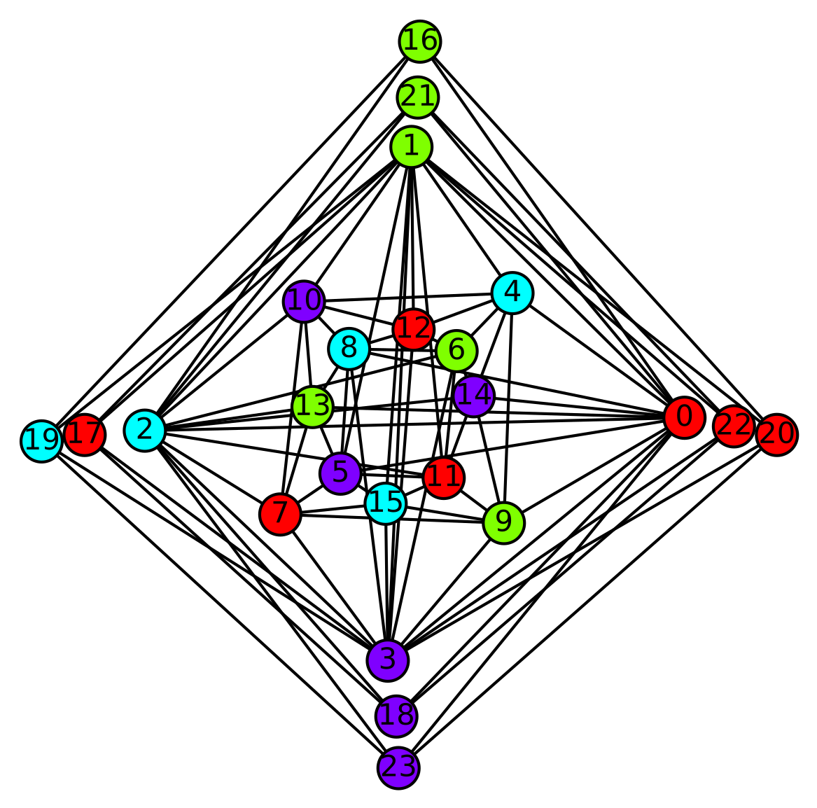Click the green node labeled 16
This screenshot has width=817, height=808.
(420, 41)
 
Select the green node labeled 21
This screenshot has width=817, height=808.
(418, 97)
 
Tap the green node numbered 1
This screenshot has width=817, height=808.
(412, 147)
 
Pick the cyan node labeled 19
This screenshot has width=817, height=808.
(41, 441)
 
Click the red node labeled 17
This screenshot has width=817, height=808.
(85, 435)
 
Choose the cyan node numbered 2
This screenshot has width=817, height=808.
(144, 429)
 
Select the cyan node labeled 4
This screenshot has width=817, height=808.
(512, 293)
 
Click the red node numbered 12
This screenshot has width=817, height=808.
(414, 329)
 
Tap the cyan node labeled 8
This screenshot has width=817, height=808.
(349, 349)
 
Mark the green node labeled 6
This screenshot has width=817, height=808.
(456, 350)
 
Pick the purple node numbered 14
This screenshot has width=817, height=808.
(474, 396)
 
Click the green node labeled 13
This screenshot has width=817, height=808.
(312, 407)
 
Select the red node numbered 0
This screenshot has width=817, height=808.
(683, 418)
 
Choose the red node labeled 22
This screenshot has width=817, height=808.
(733, 426)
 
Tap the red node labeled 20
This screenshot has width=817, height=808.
(776, 434)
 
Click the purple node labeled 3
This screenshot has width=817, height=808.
(387, 660)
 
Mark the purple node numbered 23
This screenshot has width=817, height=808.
(398, 767)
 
